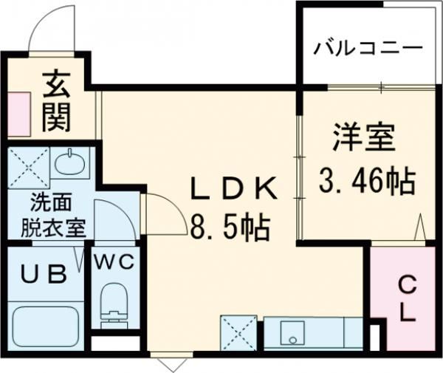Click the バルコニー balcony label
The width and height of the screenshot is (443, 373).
(367, 49)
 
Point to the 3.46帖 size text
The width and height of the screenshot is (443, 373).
(365, 179)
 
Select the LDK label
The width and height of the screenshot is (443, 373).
(234, 190)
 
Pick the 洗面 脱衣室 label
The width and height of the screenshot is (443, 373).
(52, 214)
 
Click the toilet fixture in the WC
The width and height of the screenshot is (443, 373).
(114, 303)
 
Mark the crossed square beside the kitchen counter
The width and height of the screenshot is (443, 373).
(238, 332)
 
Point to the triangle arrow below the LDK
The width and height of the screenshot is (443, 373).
(171, 363)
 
